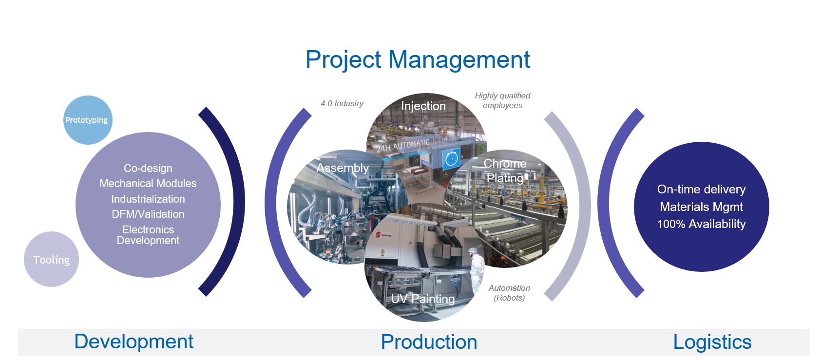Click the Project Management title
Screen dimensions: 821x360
point(418,60)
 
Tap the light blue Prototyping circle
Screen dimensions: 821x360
point(88,120)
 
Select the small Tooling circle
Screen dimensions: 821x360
point(51,259)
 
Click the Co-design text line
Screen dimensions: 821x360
point(148,168)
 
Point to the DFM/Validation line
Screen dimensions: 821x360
point(148,214)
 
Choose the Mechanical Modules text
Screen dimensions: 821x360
point(148,183)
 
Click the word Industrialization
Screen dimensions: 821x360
point(148,199)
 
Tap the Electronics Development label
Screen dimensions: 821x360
point(148,235)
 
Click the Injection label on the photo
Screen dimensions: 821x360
point(423,106)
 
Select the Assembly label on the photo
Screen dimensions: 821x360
point(343,168)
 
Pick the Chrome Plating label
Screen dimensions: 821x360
point(505,171)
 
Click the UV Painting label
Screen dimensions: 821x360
point(423,299)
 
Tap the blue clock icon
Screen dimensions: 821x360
point(452,159)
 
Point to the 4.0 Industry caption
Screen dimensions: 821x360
point(342,104)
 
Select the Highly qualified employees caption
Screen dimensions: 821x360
point(502,100)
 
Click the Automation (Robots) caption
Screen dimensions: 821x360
point(509,293)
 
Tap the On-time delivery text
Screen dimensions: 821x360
point(701,189)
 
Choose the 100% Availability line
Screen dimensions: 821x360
point(702,224)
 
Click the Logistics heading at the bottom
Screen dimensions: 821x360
point(712,342)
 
